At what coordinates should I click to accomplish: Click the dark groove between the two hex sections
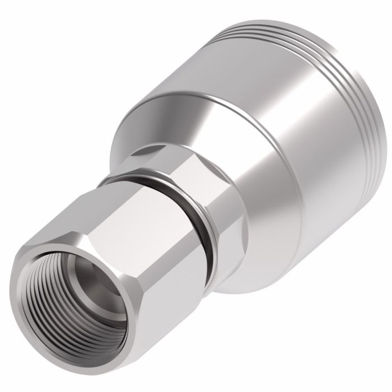pos(193,224)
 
